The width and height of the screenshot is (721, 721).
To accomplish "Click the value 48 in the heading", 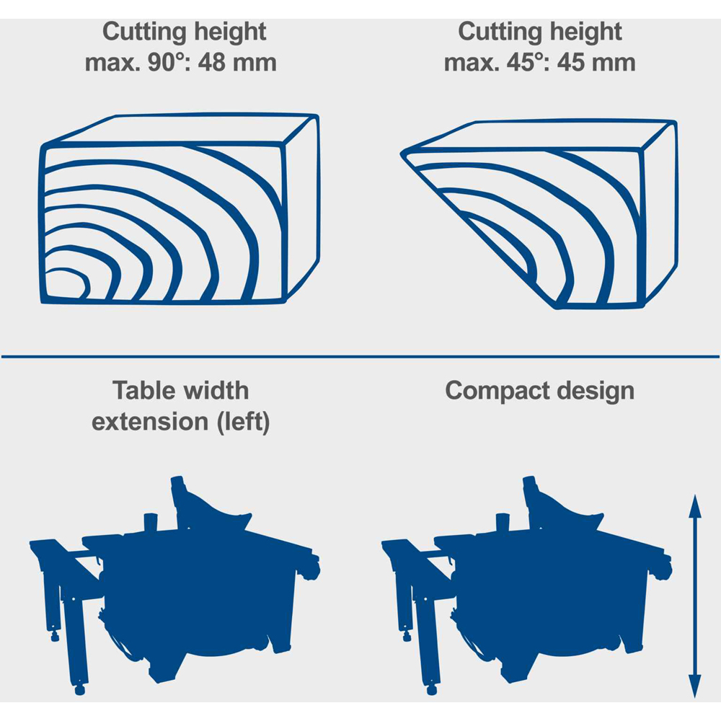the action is pyautogui.click(x=212, y=63).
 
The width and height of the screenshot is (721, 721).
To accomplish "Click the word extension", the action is pyautogui.click(x=151, y=422).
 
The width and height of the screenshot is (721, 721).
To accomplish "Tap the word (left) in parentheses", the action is pyautogui.click(x=244, y=422).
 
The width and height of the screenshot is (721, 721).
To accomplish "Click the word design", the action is pyautogui.click(x=596, y=392).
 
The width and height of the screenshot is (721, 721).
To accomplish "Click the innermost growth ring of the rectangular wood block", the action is pyautogui.click(x=69, y=271).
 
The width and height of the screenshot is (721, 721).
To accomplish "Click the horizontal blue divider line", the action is pyautogui.click(x=360, y=356).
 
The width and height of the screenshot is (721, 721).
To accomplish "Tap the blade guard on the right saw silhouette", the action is pyautogui.click(x=565, y=514).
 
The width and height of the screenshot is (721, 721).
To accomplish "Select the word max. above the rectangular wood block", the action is pyautogui.click(x=112, y=63).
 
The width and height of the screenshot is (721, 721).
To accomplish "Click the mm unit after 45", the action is pyautogui.click(x=612, y=63).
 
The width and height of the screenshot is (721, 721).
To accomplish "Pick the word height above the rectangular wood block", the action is pyautogui.click(x=230, y=32).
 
